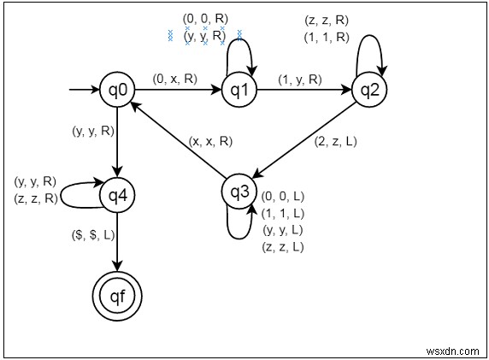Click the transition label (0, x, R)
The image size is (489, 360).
[176, 79]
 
